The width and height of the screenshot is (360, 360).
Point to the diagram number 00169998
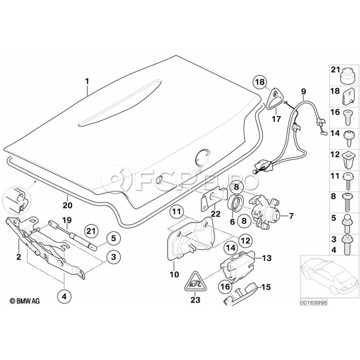click(x=314, y=303)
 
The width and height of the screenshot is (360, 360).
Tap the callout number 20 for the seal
click(x=67, y=205)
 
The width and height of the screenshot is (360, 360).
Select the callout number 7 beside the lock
click(x=291, y=216)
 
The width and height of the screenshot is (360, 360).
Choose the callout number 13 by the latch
click(x=266, y=258)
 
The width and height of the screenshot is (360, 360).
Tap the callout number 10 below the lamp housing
click(x=175, y=274)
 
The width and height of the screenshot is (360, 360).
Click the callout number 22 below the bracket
click(x=216, y=214)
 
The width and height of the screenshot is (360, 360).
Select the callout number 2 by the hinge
click(x=18, y=256)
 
